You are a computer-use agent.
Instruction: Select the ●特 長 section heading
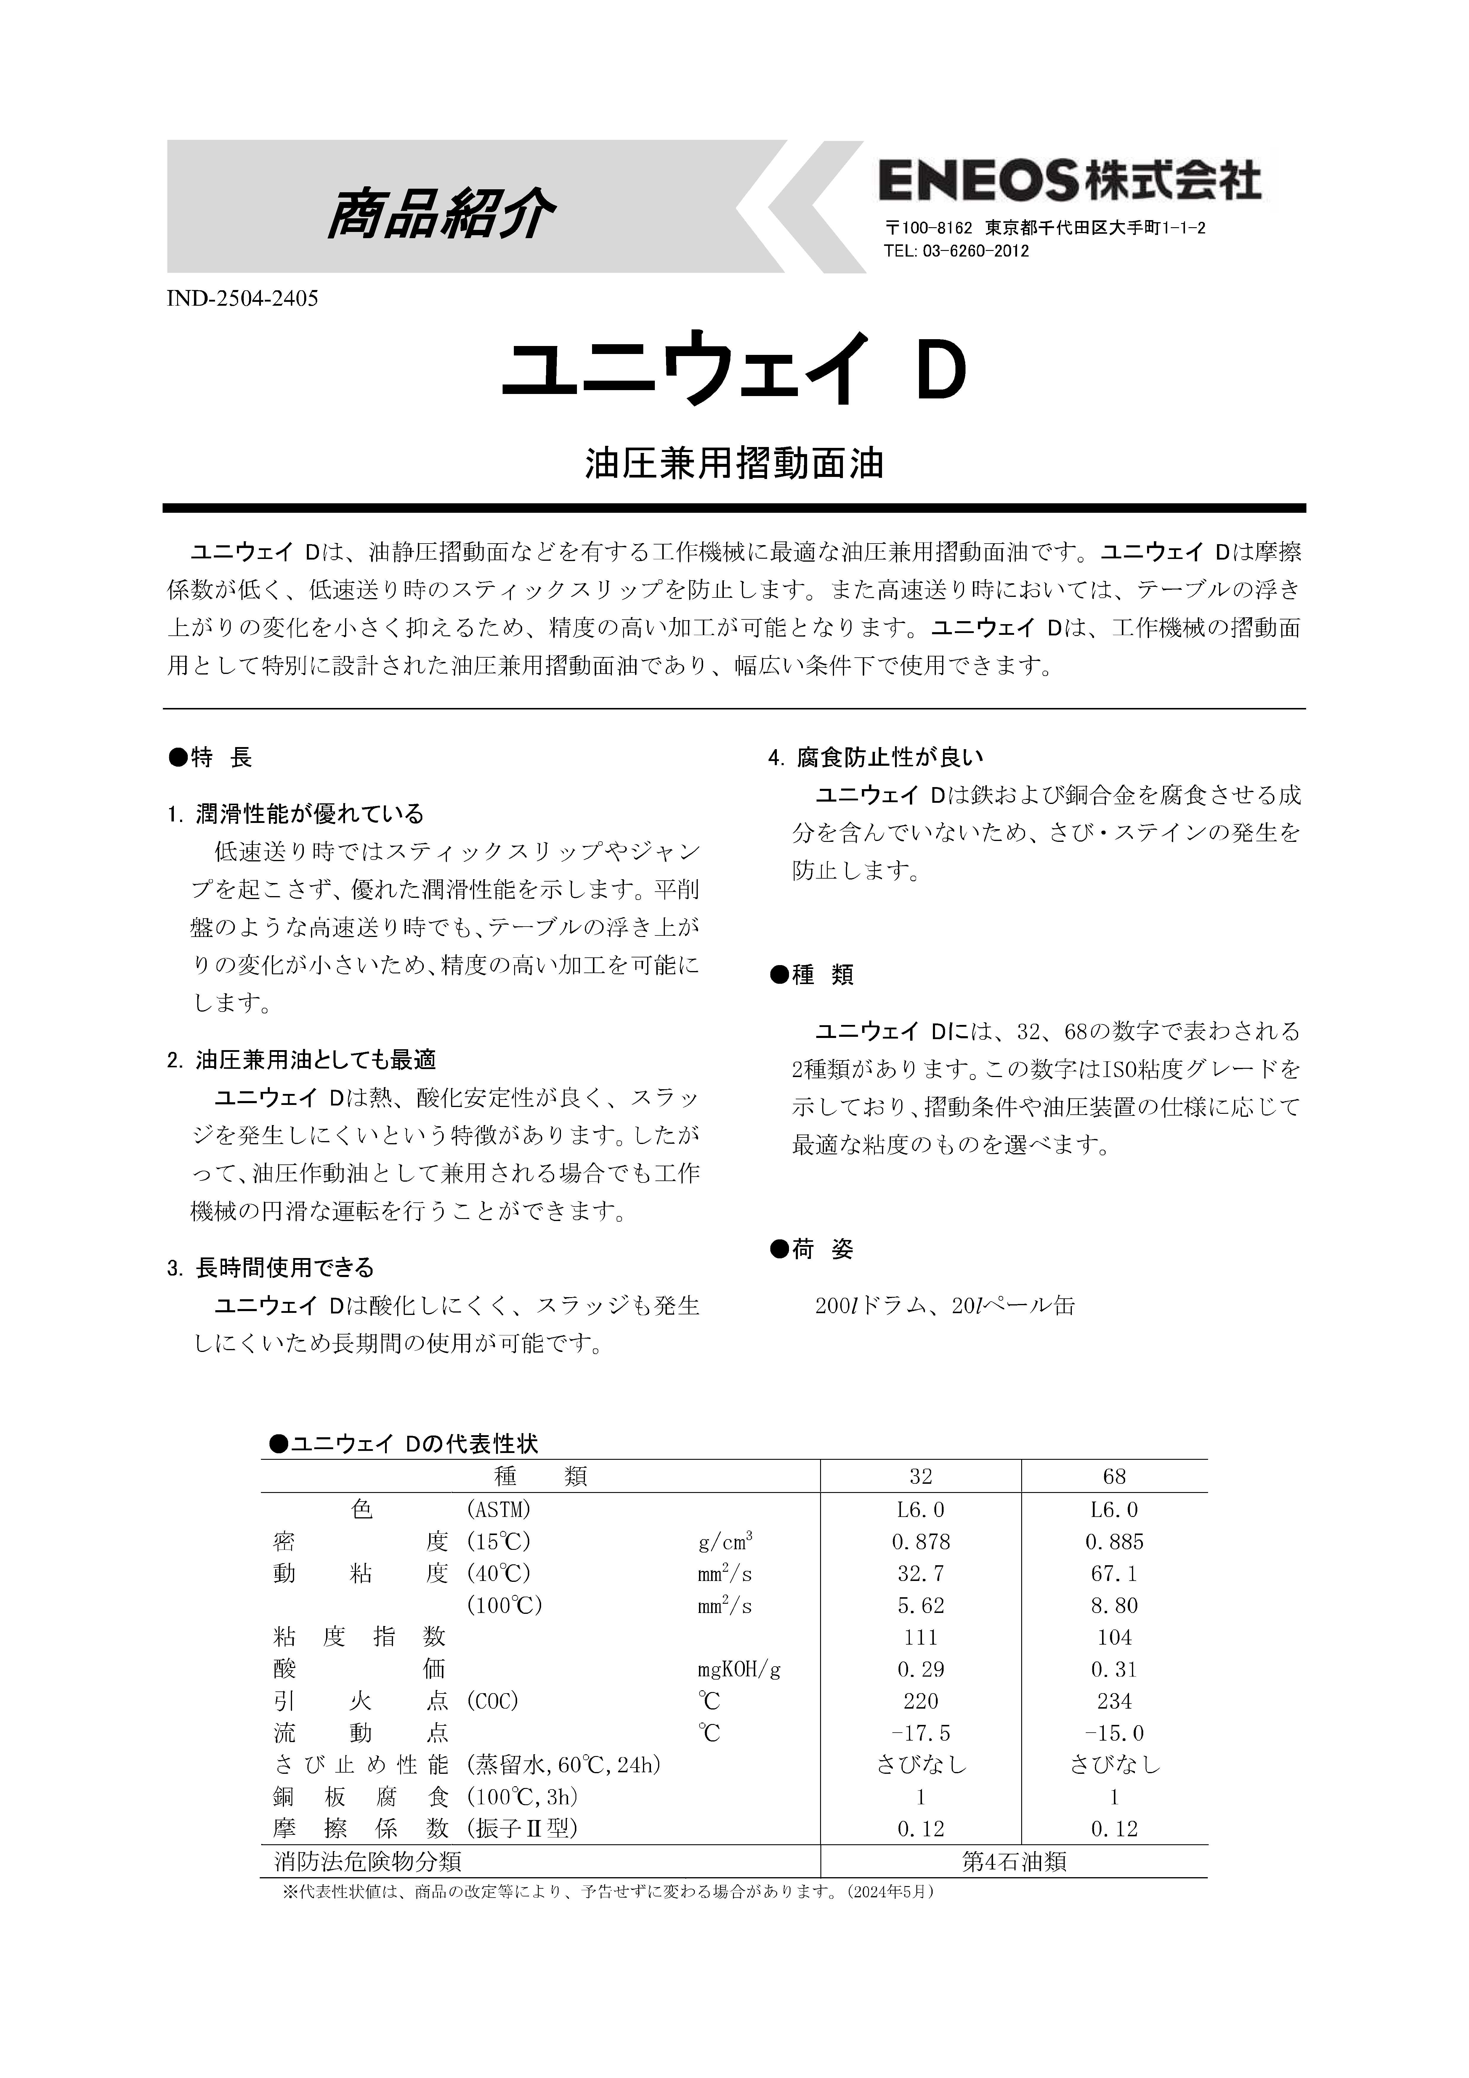[210, 757]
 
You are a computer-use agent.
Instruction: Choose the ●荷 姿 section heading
[811, 1250]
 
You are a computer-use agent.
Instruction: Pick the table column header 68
[1114, 1476]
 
